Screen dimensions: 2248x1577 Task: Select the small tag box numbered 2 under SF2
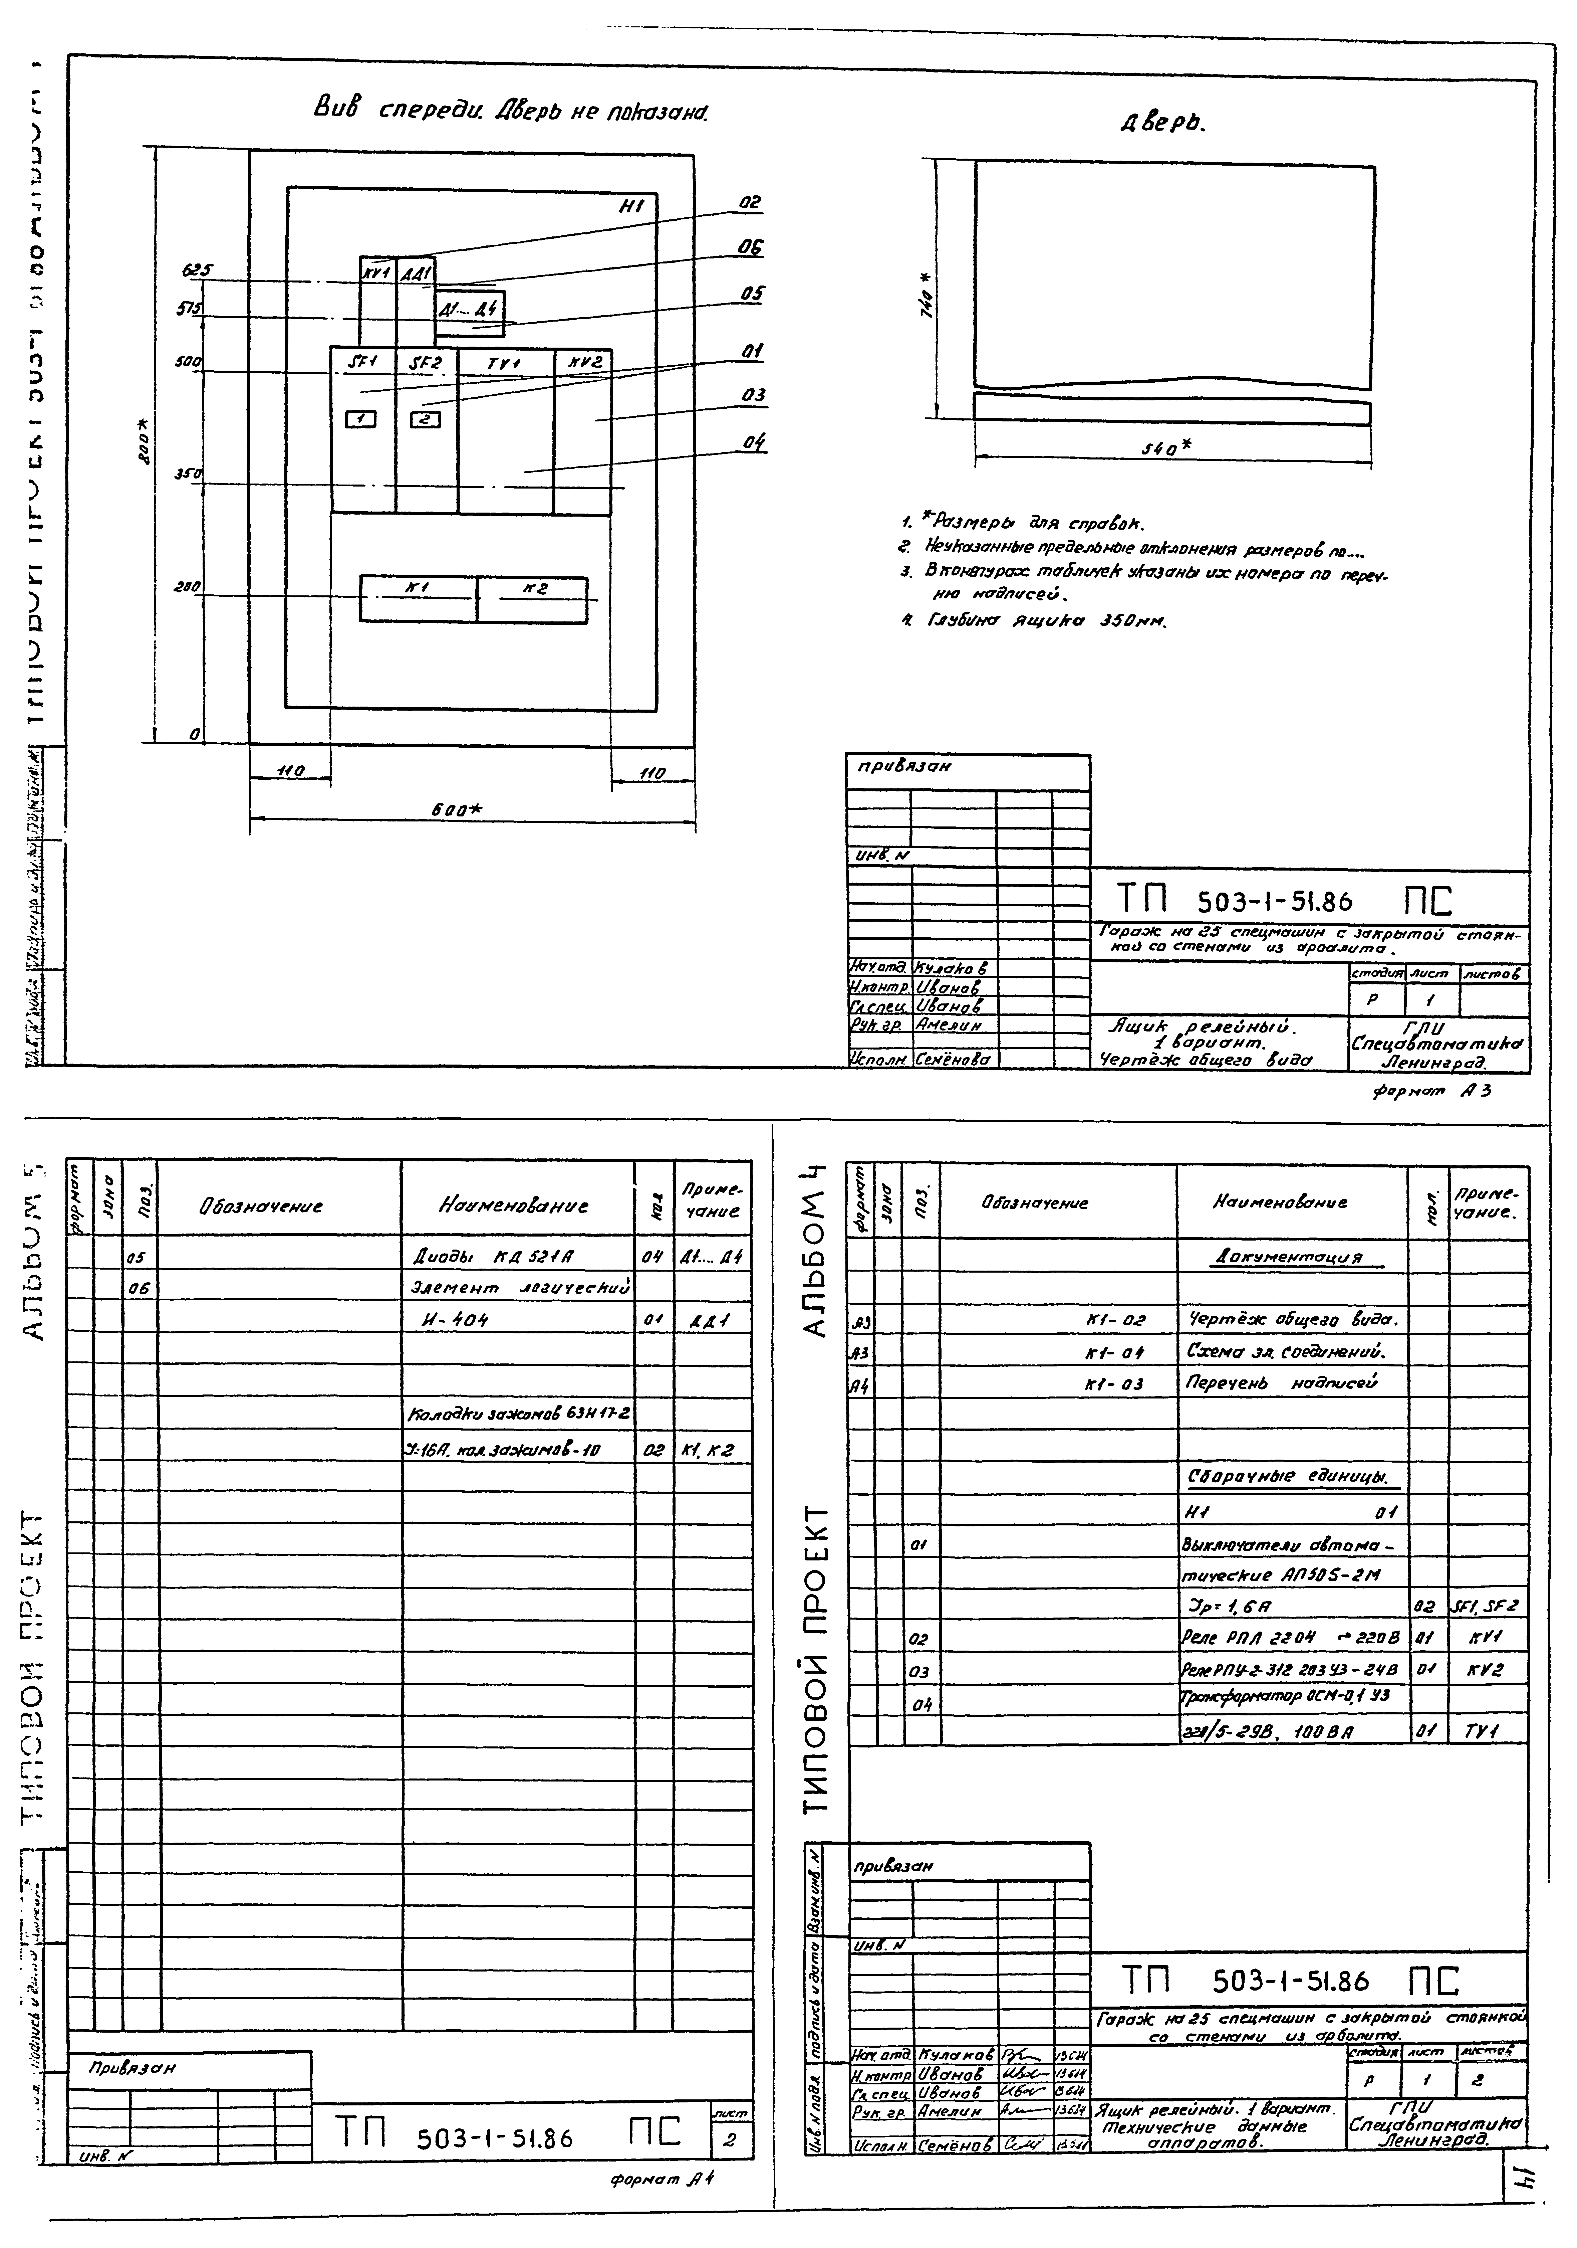coord(425,419)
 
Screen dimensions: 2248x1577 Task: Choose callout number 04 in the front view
coord(752,442)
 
